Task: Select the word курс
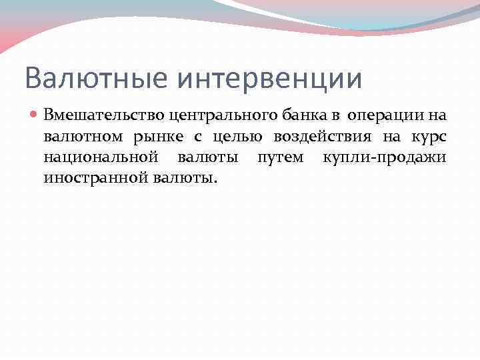click(x=425, y=137)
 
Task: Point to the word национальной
click(x=101, y=158)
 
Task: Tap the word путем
click(x=280, y=159)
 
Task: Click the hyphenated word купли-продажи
click(x=384, y=159)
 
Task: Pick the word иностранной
click(x=95, y=179)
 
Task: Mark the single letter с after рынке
click(x=197, y=137)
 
